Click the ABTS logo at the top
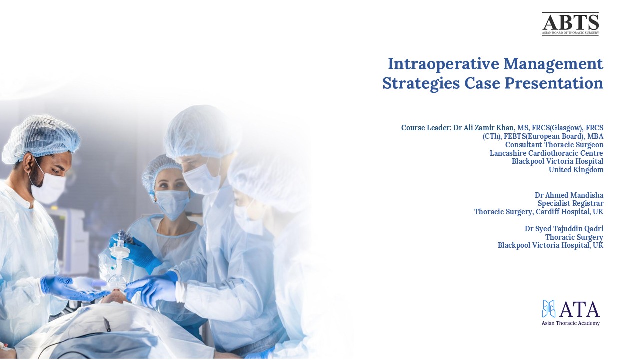(x=570, y=24)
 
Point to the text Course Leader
(x=426, y=128)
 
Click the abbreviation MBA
(x=595, y=136)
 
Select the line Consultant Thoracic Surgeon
(x=554, y=145)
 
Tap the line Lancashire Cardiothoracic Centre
(x=546, y=153)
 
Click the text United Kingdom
(x=576, y=170)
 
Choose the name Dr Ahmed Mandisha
(x=569, y=195)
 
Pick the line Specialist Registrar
(x=570, y=203)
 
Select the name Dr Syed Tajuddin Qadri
(x=564, y=229)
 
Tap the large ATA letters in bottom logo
(x=579, y=310)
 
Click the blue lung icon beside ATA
(x=549, y=309)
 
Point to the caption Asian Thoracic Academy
(x=570, y=323)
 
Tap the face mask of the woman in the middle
(x=172, y=203)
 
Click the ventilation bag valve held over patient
(x=119, y=250)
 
